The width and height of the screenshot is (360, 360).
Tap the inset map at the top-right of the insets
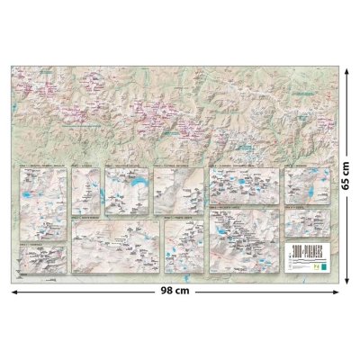(305, 184)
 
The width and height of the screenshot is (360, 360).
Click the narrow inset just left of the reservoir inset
(86, 192)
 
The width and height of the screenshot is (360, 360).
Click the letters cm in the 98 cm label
(192, 292)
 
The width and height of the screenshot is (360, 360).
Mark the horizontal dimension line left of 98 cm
(90, 292)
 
